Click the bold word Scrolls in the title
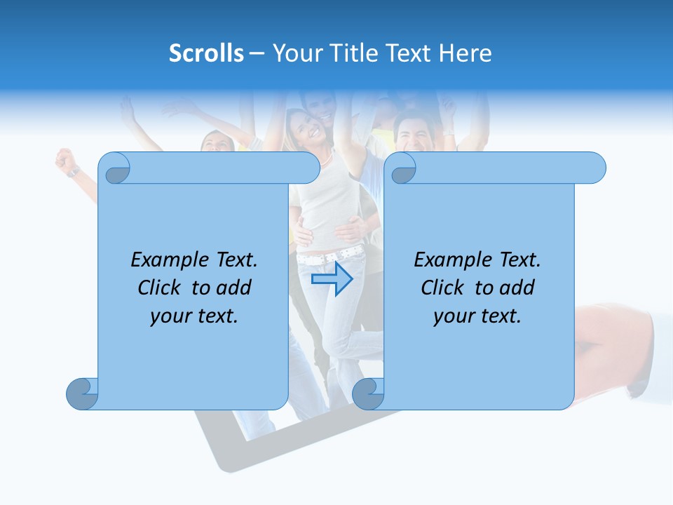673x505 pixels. pos(206,53)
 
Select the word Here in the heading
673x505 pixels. pos(465,53)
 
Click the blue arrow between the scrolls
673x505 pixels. pos(332,279)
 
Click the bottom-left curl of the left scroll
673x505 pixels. pos(82,393)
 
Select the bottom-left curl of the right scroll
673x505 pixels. pos(368,393)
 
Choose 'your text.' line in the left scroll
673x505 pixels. pos(194,316)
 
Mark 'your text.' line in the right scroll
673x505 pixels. pos(477,316)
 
